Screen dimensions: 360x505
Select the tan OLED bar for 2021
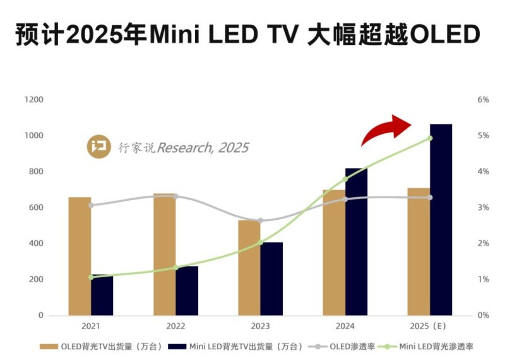(80, 256)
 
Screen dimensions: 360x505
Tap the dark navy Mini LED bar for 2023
(271, 279)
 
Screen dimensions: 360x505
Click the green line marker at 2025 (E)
(430, 138)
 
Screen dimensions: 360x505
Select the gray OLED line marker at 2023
(261, 220)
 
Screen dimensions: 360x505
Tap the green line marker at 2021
(91, 277)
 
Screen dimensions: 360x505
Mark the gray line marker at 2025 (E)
(430, 198)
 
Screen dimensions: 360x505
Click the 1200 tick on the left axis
(33, 100)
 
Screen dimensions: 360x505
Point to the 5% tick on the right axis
(483, 136)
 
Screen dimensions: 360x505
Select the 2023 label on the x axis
(260, 327)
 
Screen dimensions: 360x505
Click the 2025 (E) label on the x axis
(429, 327)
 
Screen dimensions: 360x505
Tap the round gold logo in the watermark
(98, 147)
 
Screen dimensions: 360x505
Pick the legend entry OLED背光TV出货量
(101, 346)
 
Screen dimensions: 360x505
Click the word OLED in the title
(445, 35)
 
